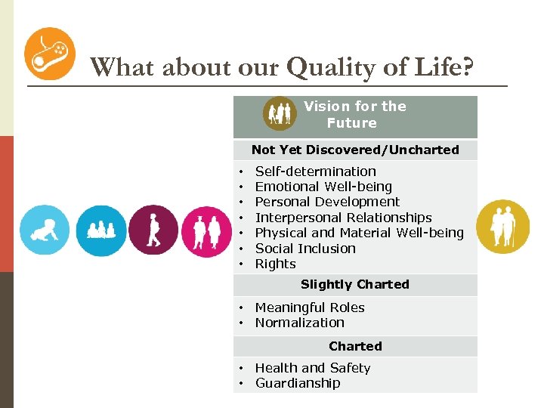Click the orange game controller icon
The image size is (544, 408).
coord(50,54)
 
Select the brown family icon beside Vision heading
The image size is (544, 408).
coord(280,114)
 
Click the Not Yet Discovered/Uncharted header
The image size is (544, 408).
coord(355,150)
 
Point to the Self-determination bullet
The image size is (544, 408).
coord(315,172)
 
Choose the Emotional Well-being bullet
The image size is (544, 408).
coord(323,187)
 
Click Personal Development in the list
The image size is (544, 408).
coord(327,202)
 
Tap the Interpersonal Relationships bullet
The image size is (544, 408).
coord(343,218)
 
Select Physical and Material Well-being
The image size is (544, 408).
coord(359,233)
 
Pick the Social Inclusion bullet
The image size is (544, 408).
coord(305,249)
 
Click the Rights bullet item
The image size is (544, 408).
coord(275,264)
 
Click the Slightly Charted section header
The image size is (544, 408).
coord(355,284)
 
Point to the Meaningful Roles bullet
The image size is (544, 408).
coord(310,308)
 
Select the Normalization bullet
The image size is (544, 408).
coord(299,323)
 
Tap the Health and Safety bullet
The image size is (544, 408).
coord(313,368)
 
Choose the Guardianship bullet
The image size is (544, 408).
coord(298,383)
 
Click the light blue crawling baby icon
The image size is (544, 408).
coord(44,230)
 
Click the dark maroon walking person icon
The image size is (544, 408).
coord(153,230)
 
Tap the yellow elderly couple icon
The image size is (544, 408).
coord(502,226)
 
